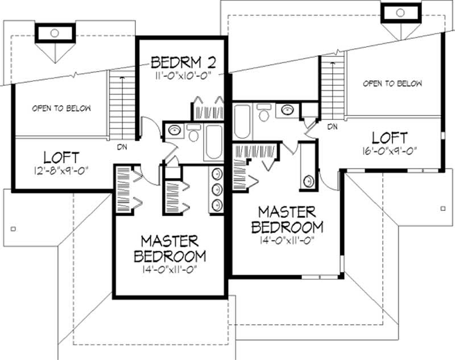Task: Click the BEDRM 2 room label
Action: tap(183, 62)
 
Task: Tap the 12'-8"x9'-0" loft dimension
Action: tap(61, 170)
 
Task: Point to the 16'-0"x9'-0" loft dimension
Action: tap(390, 151)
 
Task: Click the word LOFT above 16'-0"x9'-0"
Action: tap(390, 138)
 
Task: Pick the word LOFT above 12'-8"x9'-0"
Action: tap(61, 158)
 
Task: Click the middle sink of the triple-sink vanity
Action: tap(217, 190)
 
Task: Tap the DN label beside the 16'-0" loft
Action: tap(333, 126)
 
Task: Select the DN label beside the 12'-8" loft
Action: tap(122, 147)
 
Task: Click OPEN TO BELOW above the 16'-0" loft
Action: tap(392, 84)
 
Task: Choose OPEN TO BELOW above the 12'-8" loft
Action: tap(61, 108)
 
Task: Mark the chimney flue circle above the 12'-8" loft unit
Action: tap(55, 33)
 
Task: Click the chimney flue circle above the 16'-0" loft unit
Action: tap(400, 13)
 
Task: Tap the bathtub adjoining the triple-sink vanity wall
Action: tap(214, 142)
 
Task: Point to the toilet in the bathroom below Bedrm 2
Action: tap(193, 133)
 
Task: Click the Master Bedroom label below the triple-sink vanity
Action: tap(170, 249)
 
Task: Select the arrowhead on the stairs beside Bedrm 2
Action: tap(122, 78)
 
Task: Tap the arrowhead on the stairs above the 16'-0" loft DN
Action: tap(333, 63)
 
